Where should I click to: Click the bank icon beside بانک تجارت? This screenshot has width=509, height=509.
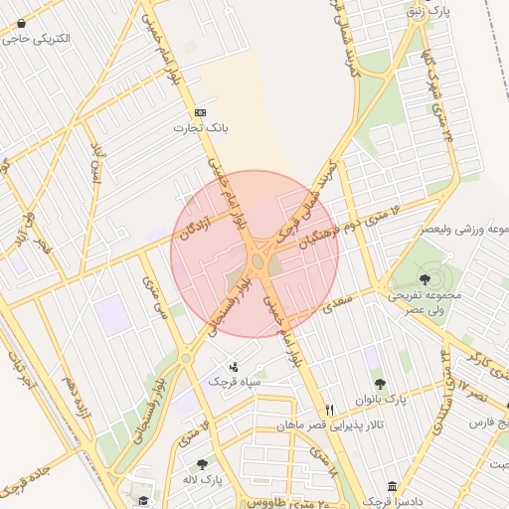click(202, 112)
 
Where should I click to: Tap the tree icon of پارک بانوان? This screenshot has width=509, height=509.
click(379, 384)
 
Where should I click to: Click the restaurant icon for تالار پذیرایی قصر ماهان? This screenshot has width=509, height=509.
click(330, 410)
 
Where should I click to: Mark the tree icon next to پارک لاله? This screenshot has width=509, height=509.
click(202, 463)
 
